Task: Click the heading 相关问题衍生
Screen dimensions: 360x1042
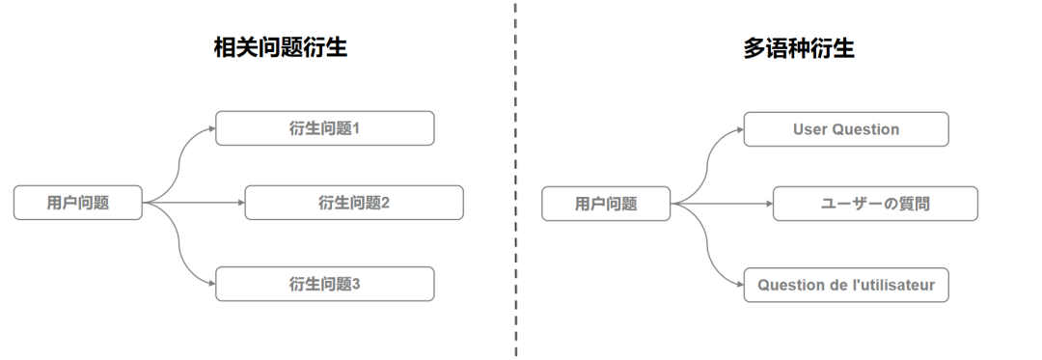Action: [281, 48]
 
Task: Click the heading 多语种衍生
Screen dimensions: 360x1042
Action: [798, 48]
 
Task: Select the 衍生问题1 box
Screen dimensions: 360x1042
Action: [324, 128]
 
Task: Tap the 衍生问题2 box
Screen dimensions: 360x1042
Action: [353, 203]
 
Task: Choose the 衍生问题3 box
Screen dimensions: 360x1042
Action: [324, 284]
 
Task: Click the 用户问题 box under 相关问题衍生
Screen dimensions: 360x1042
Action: [78, 203]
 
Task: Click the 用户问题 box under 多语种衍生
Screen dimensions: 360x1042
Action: [606, 204]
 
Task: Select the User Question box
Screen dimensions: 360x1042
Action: [846, 129]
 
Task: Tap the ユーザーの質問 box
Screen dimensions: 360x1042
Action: [875, 204]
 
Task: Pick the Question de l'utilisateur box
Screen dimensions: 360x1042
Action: [846, 285]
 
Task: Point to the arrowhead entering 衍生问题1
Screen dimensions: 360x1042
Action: [211, 128]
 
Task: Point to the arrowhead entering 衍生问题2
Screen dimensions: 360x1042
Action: [240, 203]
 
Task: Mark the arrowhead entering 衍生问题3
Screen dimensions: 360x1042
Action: [211, 284]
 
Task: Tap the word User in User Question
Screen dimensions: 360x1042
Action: [809, 129]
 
